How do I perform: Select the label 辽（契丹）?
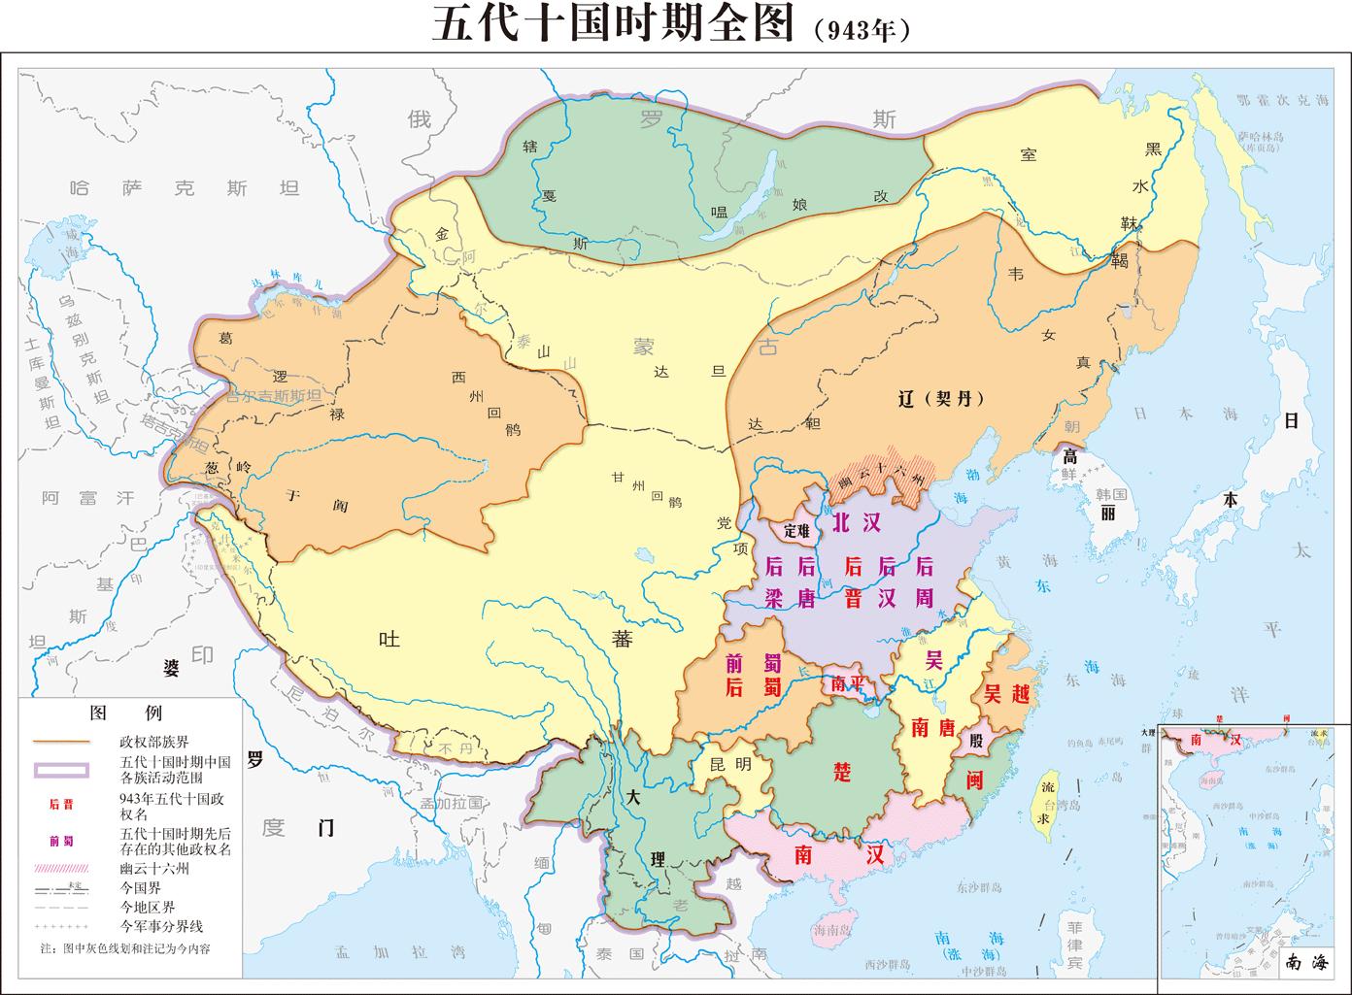tap(941, 399)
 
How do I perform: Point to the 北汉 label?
tap(855, 522)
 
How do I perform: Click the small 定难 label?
tap(796, 531)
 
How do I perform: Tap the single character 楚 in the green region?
tap(842, 772)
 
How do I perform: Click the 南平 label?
tap(847, 683)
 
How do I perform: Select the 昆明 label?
tap(730, 764)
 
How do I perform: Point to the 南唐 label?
tap(932, 726)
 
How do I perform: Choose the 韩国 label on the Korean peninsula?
tap(1109, 493)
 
